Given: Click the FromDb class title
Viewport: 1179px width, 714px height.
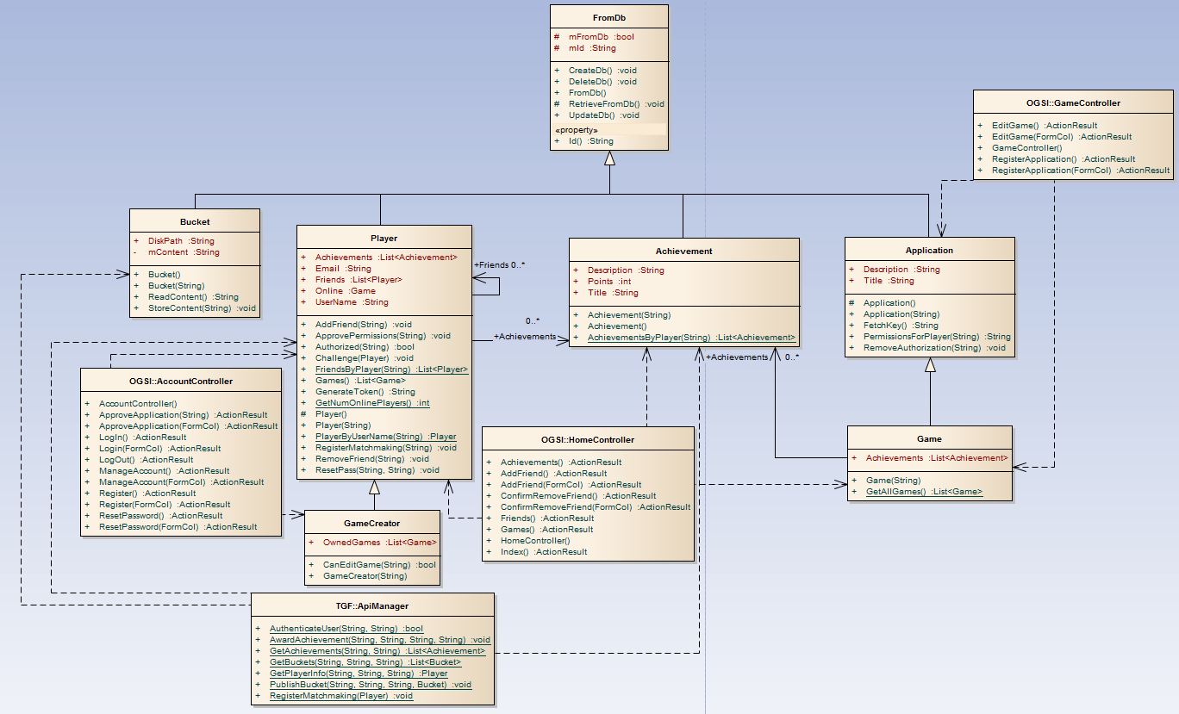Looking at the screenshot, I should pyautogui.click(x=609, y=16).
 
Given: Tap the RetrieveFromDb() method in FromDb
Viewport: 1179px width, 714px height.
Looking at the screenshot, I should pyautogui.click(x=610, y=103).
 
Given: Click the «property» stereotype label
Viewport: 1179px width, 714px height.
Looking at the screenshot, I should pyautogui.click(x=578, y=129).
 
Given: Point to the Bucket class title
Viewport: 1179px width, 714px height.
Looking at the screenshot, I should pyautogui.click(x=195, y=221).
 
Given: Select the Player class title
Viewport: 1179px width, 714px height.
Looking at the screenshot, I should pyautogui.click(x=384, y=238).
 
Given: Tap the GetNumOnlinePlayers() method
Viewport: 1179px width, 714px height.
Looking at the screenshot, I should pyautogui.click(x=372, y=402).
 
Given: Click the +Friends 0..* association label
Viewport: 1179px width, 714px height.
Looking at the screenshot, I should pyautogui.click(x=500, y=265).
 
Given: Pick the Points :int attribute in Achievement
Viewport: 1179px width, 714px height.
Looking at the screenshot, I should pyautogui.click(x=609, y=281).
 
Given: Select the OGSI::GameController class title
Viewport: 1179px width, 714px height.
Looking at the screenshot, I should pyautogui.click(x=1073, y=103).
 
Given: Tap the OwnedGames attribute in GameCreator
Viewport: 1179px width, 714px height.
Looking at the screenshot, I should pyautogui.click(x=380, y=543).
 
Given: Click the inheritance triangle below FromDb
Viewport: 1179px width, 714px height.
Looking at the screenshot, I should pyautogui.click(x=609, y=158).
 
